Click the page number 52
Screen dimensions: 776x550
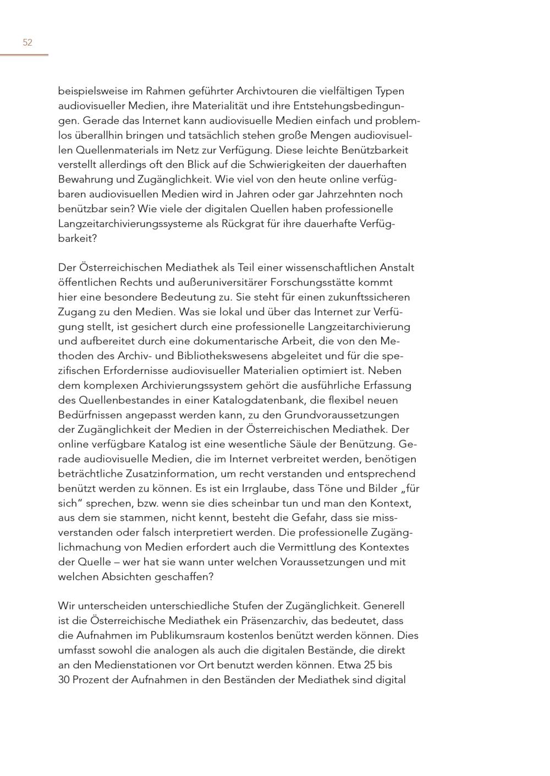click(28, 42)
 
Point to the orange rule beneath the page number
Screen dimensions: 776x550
click(24, 55)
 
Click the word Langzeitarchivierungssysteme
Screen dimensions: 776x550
click(130, 223)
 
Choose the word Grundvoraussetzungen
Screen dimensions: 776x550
click(342, 415)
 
